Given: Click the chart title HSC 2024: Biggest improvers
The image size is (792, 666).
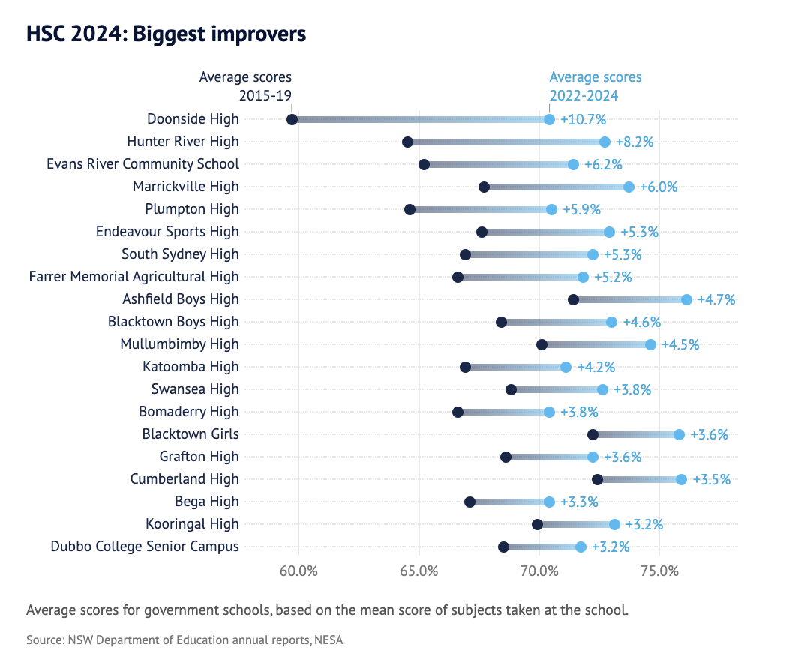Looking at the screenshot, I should click(x=166, y=34).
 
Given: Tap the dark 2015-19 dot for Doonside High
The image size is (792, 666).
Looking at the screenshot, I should click(x=292, y=119).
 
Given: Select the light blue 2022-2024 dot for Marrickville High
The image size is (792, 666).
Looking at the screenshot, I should click(x=628, y=187).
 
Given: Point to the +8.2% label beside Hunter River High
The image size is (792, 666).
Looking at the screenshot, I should click(x=634, y=142).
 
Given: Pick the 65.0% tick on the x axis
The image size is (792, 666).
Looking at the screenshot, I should click(x=419, y=571).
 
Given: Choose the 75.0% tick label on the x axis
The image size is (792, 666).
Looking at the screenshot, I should click(x=659, y=571).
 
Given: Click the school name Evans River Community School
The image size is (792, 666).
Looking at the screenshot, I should click(x=142, y=164).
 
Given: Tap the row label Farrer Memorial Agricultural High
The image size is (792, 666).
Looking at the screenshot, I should click(x=134, y=277).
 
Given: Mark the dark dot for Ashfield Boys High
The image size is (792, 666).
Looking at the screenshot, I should click(x=574, y=299).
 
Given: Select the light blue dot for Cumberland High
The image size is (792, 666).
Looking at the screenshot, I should click(x=681, y=479).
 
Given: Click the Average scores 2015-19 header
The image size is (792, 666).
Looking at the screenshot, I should click(x=245, y=86).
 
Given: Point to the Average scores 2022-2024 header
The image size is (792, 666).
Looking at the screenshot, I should click(x=595, y=86).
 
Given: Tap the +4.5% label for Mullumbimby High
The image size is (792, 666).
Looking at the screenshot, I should click(x=680, y=344).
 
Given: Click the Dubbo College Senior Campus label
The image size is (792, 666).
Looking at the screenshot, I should click(x=145, y=547).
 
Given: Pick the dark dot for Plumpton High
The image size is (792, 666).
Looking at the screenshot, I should click(x=409, y=209).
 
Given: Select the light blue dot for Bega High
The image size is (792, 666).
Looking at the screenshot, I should click(x=549, y=502).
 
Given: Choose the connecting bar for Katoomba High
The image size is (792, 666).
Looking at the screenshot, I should click(x=515, y=367).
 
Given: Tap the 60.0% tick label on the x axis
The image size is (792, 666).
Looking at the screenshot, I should click(x=298, y=571).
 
